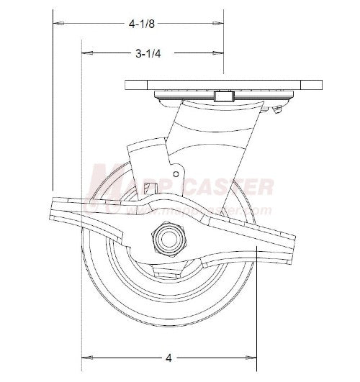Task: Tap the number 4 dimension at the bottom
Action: [x=168, y=356]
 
